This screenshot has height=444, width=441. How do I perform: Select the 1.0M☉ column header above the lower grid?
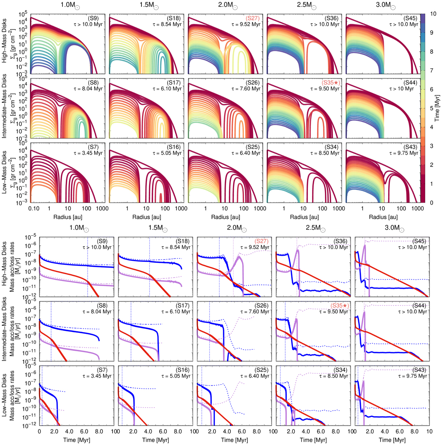click(x=79, y=228)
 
